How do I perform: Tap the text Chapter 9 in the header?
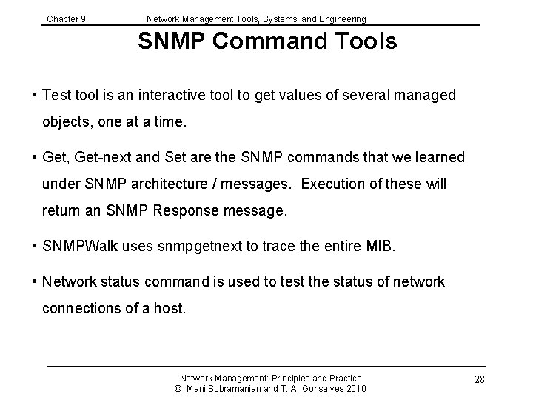point(66,19)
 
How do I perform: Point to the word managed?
point(428,96)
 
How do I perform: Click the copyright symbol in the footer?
point(178,389)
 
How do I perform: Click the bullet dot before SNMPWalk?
point(35,244)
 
